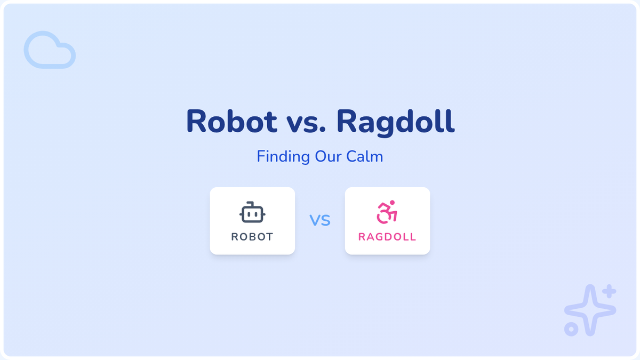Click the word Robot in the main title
[231, 121]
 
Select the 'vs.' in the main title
[306, 124]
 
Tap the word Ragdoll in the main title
[395, 123]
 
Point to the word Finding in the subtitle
[283, 157]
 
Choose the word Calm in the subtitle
[365, 157]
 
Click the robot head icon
[252, 212]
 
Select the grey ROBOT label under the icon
[252, 237]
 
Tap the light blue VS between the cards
[320, 220]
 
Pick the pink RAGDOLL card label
[387, 237]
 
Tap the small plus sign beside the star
[609, 291]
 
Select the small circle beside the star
[571, 330]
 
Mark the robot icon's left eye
[249, 214]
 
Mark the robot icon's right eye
[257, 214]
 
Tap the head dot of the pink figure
[393, 203]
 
